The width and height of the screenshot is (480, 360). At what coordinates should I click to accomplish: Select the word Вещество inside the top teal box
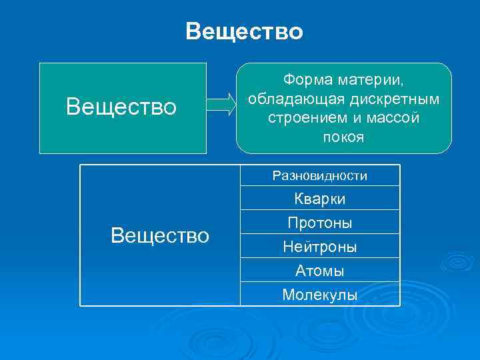pyautogui.click(x=122, y=107)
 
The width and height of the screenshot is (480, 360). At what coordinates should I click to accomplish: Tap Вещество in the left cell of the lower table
pyautogui.click(x=160, y=235)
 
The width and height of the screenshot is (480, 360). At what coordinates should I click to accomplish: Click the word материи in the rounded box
pyautogui.click(x=369, y=80)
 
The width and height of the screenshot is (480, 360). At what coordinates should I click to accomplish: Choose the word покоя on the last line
pyautogui.click(x=343, y=137)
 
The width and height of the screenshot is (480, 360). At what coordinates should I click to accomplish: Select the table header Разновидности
pyautogui.click(x=319, y=176)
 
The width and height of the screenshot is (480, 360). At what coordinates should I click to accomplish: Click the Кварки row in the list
pyautogui.click(x=319, y=199)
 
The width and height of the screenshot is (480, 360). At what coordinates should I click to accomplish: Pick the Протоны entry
pyautogui.click(x=319, y=222)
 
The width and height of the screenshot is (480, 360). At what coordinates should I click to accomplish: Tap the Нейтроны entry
pyautogui.click(x=319, y=247)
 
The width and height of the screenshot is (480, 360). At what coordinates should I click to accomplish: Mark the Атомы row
pyautogui.click(x=319, y=271)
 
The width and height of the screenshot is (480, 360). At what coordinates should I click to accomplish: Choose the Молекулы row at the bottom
pyautogui.click(x=319, y=294)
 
